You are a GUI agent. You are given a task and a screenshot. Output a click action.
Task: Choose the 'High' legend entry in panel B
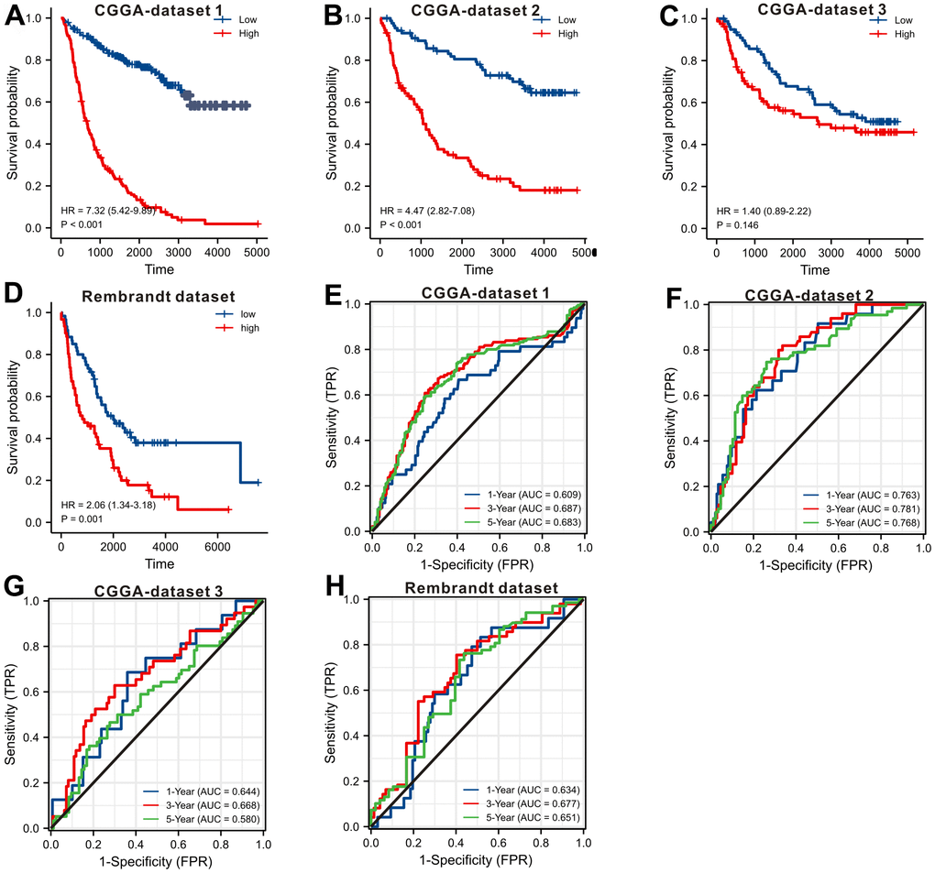567,34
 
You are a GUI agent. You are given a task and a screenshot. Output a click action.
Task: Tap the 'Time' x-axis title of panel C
815,270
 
